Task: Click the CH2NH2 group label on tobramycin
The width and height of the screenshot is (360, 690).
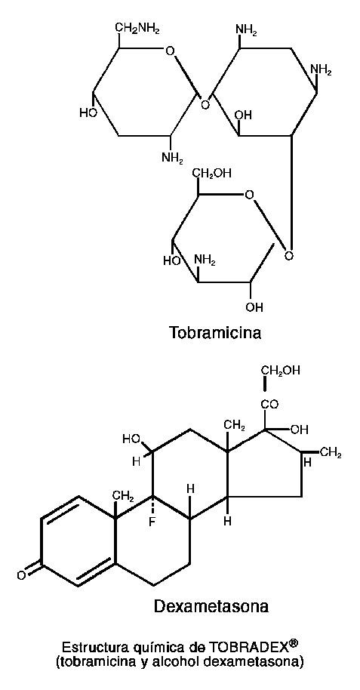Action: [137, 29]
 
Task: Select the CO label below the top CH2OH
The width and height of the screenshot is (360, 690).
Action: [269, 404]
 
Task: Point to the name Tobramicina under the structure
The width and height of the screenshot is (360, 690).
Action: [215, 333]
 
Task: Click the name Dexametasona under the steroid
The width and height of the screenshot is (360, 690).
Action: [211, 607]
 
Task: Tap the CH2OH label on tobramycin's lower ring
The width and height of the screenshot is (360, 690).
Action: [211, 174]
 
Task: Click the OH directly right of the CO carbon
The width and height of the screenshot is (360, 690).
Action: [300, 429]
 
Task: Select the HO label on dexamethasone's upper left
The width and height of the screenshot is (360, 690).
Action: [131, 439]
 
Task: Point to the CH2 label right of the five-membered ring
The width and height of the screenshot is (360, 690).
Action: [331, 454]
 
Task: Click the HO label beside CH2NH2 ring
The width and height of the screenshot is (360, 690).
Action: [87, 113]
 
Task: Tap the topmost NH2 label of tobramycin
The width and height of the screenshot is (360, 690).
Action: [246, 30]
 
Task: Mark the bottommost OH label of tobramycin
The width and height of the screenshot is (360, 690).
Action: [254, 307]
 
